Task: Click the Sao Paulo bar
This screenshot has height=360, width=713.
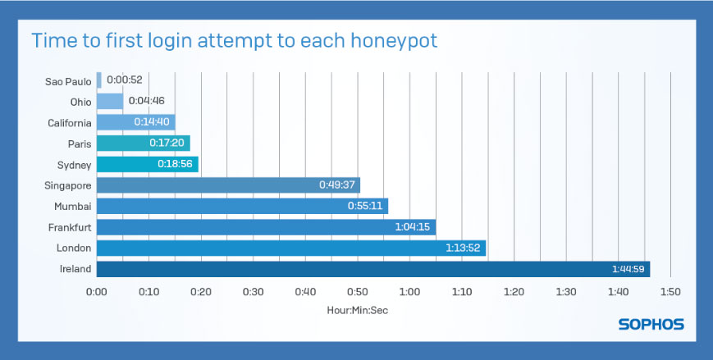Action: coord(99,80)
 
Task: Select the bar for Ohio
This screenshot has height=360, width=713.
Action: coord(110,101)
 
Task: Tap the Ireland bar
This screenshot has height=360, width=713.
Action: coord(373,269)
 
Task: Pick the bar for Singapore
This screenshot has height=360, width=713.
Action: coord(228,185)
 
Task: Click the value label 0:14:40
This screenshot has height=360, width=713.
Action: coord(152,122)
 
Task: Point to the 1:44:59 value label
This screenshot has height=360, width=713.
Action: coord(628,269)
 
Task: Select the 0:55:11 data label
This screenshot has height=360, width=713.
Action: coord(365,206)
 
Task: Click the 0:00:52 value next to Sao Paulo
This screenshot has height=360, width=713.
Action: coord(125,80)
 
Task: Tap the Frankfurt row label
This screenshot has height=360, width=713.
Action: coord(70,227)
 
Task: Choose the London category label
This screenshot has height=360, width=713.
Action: coord(74,248)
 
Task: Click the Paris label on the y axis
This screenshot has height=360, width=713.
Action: coord(80,144)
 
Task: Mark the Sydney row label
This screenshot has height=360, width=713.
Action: coord(74,165)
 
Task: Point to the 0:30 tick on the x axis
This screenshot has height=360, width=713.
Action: coord(254,292)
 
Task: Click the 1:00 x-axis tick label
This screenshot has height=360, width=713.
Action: coord(409,292)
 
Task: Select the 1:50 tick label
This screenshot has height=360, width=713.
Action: coord(670,292)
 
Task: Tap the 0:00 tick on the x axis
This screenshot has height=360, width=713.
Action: coord(97,292)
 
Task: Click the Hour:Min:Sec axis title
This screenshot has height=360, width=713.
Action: coord(358,311)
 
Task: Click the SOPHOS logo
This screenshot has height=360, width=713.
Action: coord(651,324)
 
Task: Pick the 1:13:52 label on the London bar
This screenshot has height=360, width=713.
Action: coord(463,248)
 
